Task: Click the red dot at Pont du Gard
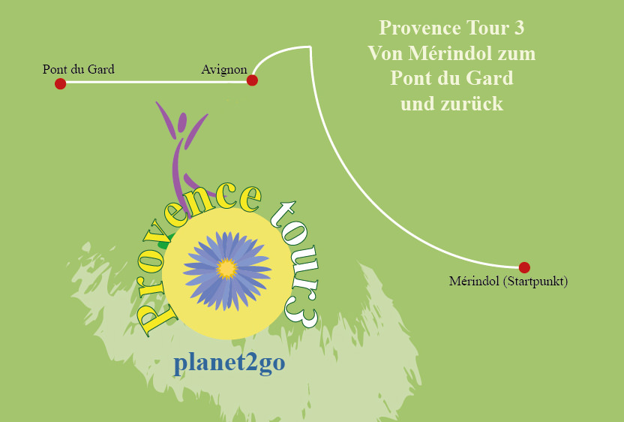pyautogui.click(x=61, y=83)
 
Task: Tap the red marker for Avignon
pyautogui.click(x=252, y=80)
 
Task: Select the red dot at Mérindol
pyautogui.click(x=524, y=267)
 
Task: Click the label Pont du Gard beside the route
pyautogui.click(x=79, y=69)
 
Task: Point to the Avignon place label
pyautogui.click(x=224, y=69)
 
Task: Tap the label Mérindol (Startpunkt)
pyautogui.click(x=508, y=282)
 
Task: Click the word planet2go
pyautogui.click(x=229, y=363)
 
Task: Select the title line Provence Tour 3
pyautogui.click(x=451, y=29)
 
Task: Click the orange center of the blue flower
pyautogui.click(x=226, y=267)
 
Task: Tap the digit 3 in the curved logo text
pyautogui.click(x=304, y=315)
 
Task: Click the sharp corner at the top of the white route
pyautogui.click(x=310, y=47)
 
